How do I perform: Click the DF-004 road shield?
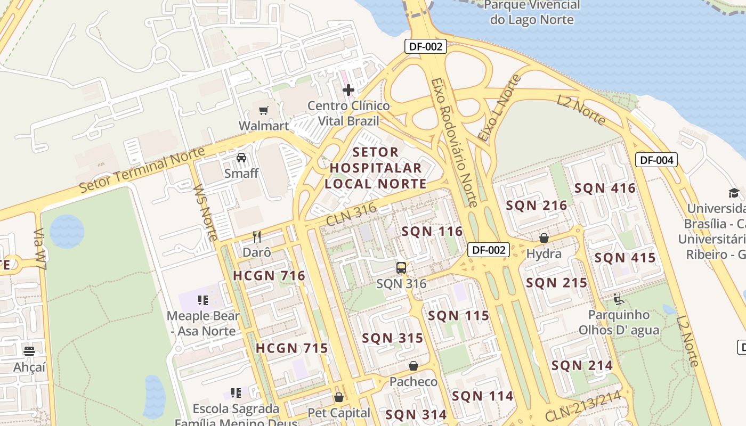(x=656, y=159)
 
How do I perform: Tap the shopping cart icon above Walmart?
(x=263, y=110)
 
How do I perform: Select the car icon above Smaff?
(x=241, y=158)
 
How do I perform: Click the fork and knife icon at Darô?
(x=257, y=236)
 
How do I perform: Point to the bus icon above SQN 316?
(x=401, y=268)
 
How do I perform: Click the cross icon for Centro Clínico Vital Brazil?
(x=348, y=90)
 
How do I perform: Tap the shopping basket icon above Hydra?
(x=544, y=238)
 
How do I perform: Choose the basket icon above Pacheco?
(x=413, y=366)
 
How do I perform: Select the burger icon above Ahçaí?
(x=29, y=351)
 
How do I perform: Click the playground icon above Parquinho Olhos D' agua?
(x=619, y=299)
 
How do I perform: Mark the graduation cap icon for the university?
(x=734, y=193)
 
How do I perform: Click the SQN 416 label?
(x=605, y=188)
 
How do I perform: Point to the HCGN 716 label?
(x=269, y=275)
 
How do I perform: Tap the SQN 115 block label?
(x=458, y=316)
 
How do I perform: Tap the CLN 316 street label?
(x=352, y=214)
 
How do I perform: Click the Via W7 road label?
(x=39, y=249)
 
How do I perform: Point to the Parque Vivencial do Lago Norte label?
(x=532, y=12)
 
